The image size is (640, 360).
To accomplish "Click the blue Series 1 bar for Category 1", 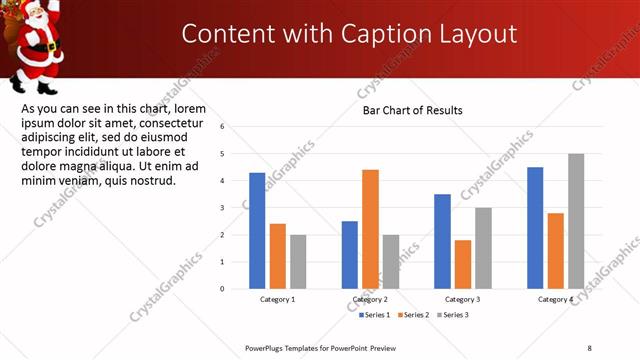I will pyautogui.click(x=257, y=231).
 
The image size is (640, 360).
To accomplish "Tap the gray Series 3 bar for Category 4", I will pyautogui.click(x=576, y=221).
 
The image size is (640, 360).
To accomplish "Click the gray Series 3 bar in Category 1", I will pyautogui.click(x=298, y=262).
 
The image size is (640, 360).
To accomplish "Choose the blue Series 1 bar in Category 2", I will pyautogui.click(x=350, y=255).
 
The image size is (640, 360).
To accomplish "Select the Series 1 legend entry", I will pyautogui.click(x=376, y=315).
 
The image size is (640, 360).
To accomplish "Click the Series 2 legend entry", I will pyautogui.click(x=414, y=315).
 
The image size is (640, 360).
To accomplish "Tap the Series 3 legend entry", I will pyautogui.click(x=452, y=315).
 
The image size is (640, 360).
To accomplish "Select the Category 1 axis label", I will pyautogui.click(x=278, y=300).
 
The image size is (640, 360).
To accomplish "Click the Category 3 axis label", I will pyautogui.click(x=463, y=300).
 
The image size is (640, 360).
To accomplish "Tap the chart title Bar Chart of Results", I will pyautogui.click(x=412, y=110).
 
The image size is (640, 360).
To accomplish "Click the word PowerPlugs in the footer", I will pyautogui.click(x=269, y=347).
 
